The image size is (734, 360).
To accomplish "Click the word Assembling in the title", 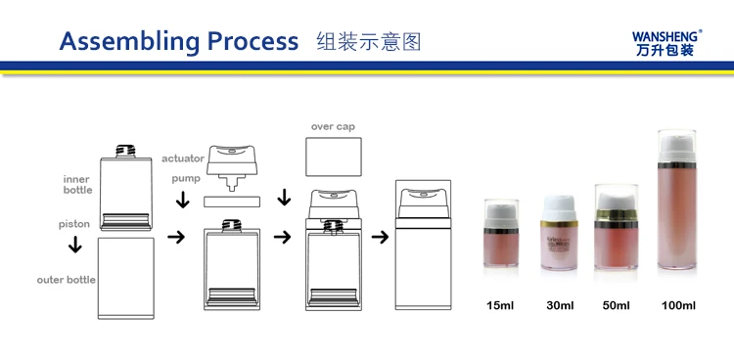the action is point(129,42).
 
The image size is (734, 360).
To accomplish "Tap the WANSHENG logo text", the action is point(666,36).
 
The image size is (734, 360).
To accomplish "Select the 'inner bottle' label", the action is point(77,185).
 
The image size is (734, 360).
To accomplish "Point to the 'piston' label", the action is point(74,224).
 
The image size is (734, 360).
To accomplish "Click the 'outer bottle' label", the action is point(66,280).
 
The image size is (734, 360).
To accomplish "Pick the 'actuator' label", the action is point(183,158).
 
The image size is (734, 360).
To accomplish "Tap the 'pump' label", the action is point(185,179).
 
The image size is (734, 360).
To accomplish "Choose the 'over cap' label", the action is point(333,127).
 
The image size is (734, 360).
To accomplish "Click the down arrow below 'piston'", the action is point(75,245).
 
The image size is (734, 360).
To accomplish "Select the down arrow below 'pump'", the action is point(183,200).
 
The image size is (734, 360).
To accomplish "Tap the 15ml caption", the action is point(500,305).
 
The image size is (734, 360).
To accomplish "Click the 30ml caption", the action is point(560,305).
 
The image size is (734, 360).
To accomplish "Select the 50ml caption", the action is point(616,305).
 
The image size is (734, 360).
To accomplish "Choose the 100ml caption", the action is point(678,305).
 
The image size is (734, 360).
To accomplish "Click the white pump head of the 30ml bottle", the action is point(559,207).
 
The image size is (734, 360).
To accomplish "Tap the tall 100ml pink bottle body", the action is point(677,218).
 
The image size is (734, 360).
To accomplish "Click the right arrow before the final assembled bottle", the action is point(380,237).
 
